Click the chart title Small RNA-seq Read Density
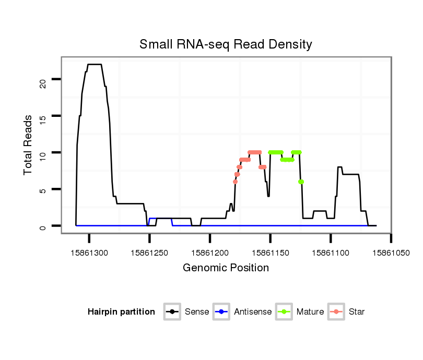pos(226,44)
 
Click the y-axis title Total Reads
pos(28,145)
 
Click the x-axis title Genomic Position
pos(226,268)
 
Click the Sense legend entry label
pos(197,312)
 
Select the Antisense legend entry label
pos(253,312)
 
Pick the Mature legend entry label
pos(310,312)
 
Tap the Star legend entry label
pos(357,312)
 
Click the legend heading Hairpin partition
pos(121,312)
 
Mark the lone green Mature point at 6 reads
pos(301,182)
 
